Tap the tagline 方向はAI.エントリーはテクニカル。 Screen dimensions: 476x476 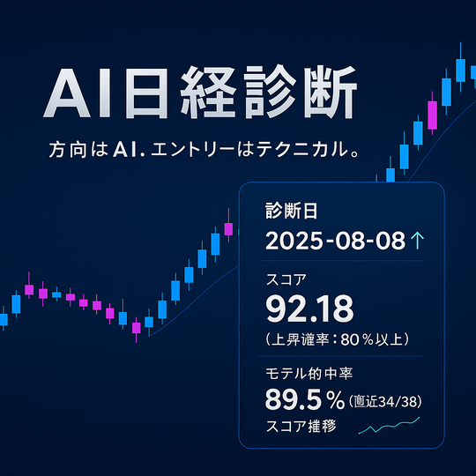tap(204, 150)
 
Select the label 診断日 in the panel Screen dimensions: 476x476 tap(291, 211)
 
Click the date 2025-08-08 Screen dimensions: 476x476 tap(334, 241)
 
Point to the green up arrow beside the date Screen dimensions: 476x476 tap(418, 241)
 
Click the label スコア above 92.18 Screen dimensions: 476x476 tap(286, 280)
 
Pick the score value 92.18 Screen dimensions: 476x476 tap(309, 309)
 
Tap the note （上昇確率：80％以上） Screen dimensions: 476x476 tap(336, 339)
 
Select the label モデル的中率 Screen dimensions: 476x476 tap(304, 372)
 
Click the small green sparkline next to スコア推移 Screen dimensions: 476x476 tap(389, 428)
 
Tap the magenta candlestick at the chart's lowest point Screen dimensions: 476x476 tap(136, 328)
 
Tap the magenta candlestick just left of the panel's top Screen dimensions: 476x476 tap(228, 228)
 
